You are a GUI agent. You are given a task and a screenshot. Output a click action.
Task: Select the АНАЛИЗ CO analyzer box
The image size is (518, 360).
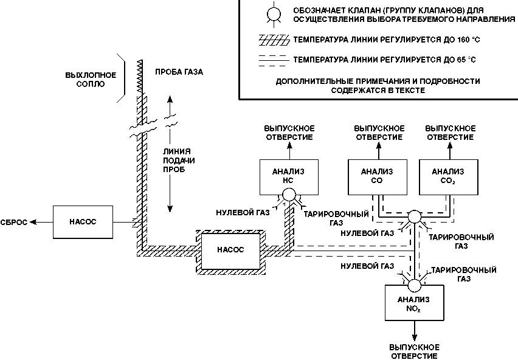point(378,177)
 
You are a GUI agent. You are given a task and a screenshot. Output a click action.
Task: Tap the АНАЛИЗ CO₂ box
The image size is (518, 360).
point(448,177)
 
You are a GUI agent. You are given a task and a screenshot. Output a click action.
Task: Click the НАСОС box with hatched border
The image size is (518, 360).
point(230,250)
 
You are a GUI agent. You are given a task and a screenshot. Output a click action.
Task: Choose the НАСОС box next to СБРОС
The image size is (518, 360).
point(83,222)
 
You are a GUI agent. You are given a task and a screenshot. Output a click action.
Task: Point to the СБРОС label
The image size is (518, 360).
point(14,223)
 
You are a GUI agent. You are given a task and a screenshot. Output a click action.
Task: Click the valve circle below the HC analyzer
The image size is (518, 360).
point(289,195)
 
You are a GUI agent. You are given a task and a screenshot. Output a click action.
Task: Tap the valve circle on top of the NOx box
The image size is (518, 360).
point(414,285)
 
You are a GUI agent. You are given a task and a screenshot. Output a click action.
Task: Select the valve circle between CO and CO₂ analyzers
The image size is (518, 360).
point(414,216)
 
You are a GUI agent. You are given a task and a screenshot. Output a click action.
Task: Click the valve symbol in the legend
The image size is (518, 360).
point(274,14)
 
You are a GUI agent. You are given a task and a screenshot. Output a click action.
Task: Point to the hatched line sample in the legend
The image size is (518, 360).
point(274,40)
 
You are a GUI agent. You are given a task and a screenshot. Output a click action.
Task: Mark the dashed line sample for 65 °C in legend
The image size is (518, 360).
point(274,60)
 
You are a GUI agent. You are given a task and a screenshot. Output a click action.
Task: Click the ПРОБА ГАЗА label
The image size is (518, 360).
point(179,72)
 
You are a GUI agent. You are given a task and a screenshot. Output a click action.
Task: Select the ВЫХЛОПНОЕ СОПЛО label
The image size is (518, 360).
point(91,79)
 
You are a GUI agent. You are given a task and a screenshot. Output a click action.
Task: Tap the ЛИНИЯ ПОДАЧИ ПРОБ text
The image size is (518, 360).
point(178,161)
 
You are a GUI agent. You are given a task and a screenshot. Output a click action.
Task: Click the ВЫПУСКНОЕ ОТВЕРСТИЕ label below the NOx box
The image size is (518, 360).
point(414,351)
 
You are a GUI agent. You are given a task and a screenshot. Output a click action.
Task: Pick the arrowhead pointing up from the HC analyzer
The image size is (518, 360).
point(289,145)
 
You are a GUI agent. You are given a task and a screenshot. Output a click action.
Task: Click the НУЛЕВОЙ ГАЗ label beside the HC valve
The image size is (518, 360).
point(243,212)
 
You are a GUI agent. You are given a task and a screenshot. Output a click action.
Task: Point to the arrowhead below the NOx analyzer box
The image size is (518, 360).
point(414,337)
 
